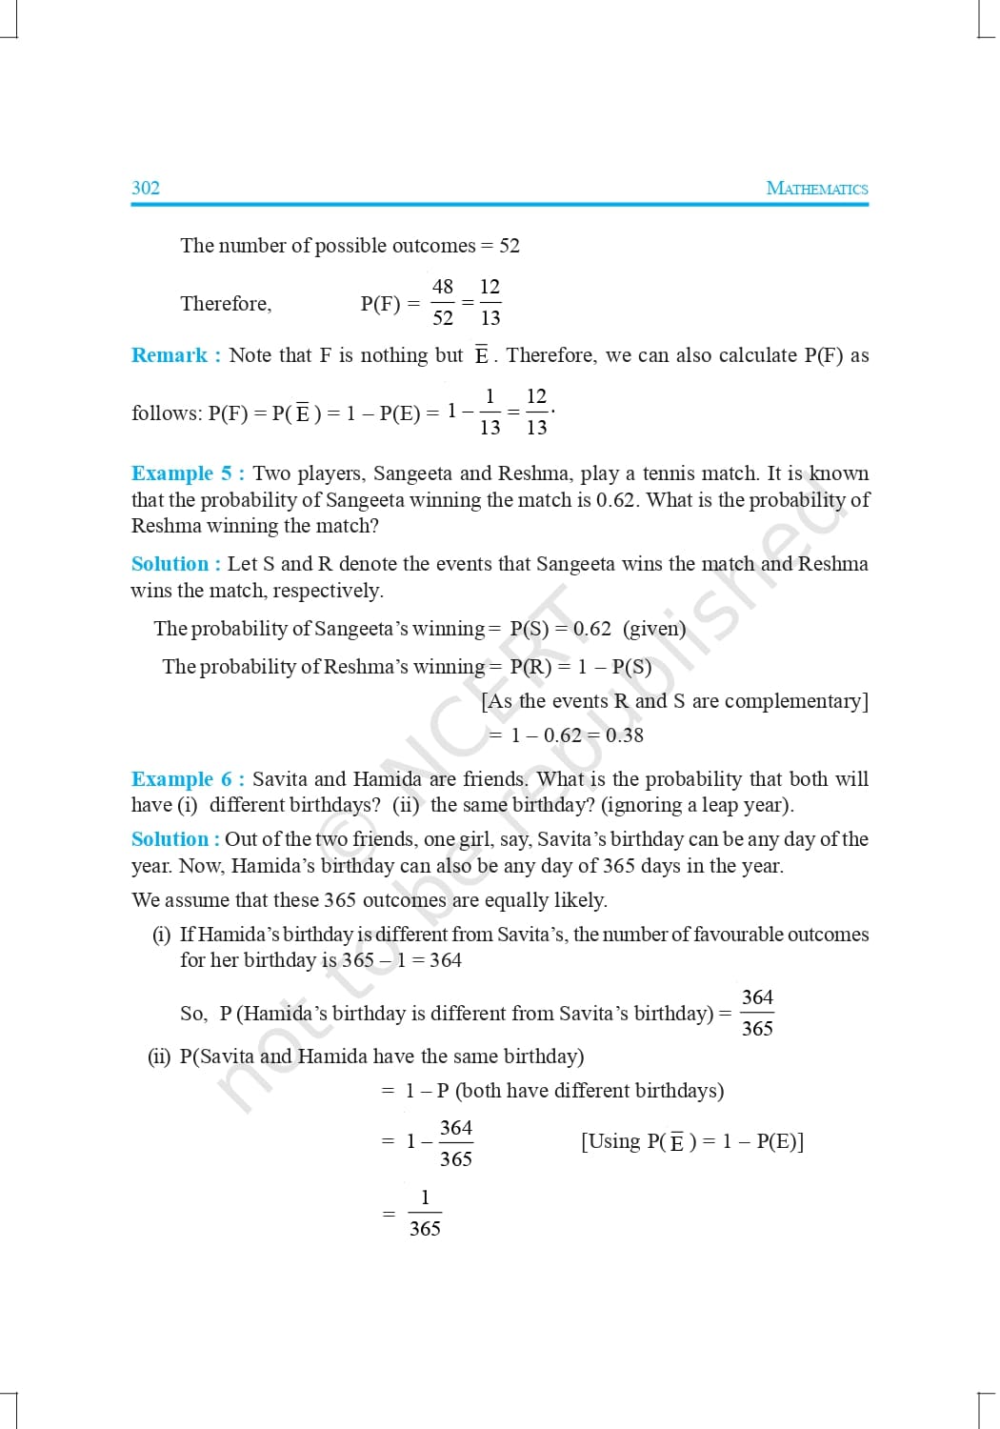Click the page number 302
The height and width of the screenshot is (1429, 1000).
[x=146, y=188]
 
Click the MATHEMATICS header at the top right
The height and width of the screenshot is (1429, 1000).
[x=817, y=188]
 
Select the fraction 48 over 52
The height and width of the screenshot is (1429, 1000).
[x=443, y=303]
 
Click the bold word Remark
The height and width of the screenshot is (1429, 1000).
[x=170, y=355]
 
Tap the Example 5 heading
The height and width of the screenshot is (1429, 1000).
[x=187, y=473]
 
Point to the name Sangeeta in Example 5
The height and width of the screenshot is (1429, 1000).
[x=413, y=473]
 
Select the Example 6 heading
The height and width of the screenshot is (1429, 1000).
[x=187, y=779]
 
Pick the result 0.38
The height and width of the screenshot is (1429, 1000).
[x=625, y=735]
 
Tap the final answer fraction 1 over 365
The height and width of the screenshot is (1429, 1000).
[x=425, y=1213]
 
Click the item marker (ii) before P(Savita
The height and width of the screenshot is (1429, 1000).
[x=159, y=1057]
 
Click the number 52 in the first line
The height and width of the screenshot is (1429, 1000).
[x=510, y=246]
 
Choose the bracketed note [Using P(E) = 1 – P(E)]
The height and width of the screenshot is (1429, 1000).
[x=692, y=1141]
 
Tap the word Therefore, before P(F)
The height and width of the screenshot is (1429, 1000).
[x=226, y=304]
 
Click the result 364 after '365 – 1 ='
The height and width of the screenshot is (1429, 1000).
[x=445, y=960]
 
